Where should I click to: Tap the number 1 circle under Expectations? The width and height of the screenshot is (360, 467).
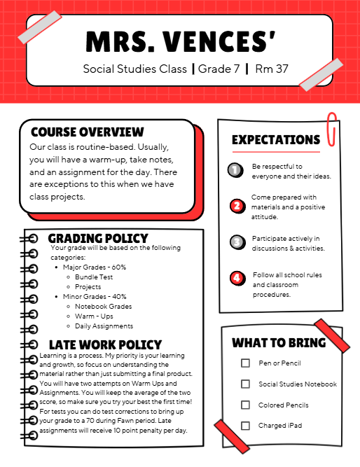click(236, 170)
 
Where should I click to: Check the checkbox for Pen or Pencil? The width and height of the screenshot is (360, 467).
click(245, 363)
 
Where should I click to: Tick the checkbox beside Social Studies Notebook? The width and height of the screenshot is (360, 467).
click(245, 384)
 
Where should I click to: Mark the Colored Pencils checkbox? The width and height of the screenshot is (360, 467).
click(245, 405)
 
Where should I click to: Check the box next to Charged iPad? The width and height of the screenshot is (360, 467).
click(245, 426)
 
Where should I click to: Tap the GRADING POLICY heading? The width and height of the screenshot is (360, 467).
click(98, 239)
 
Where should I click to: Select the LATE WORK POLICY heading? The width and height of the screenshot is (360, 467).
click(105, 345)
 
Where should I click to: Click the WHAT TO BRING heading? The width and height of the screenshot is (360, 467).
click(279, 343)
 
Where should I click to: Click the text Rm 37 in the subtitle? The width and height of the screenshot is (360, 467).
click(272, 69)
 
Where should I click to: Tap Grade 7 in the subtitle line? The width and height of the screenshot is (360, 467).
click(219, 69)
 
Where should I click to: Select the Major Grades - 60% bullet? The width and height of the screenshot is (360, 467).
click(94, 267)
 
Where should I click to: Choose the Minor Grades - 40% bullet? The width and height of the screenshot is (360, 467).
click(94, 297)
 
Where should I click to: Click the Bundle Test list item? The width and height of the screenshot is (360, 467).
click(94, 277)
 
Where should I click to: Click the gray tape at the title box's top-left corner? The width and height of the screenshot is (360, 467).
click(39, 27)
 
